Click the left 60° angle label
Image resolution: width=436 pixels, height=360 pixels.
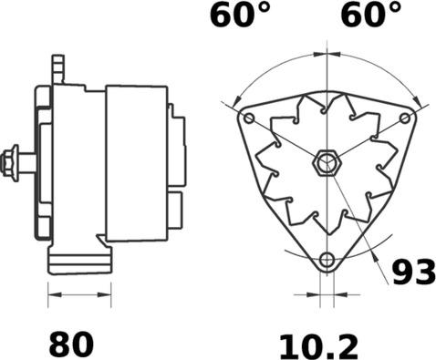[x=240, y=14]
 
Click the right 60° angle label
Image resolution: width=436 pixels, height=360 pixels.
[x=371, y=14]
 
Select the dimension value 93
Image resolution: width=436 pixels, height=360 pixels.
[x=413, y=272]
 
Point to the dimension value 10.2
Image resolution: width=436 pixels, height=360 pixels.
[x=318, y=346]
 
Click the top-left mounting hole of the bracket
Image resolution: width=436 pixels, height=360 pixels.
[x=249, y=118]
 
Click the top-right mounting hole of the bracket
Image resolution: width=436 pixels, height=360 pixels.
[x=405, y=118]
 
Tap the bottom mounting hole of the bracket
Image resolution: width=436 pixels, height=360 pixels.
[x=327, y=260]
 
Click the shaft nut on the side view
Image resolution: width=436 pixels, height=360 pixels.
[x=10, y=163]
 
